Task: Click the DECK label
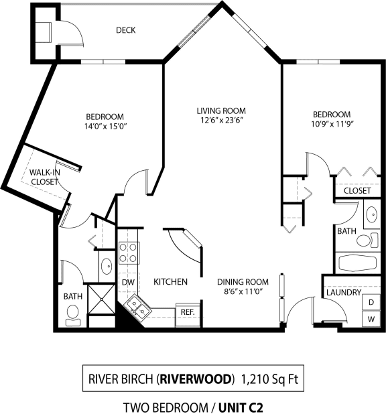pyautogui.click(x=126, y=30)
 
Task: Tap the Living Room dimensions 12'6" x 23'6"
pyautogui.click(x=220, y=121)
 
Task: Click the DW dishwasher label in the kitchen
pyautogui.click(x=127, y=283)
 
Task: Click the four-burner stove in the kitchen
pyautogui.click(x=128, y=252)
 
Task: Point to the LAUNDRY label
pyautogui.click(x=344, y=293)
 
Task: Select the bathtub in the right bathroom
pyautogui.click(x=359, y=262)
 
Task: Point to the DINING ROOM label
pyautogui.click(x=243, y=282)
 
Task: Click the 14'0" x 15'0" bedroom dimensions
pyautogui.click(x=105, y=125)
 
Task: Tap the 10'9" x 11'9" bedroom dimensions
pyautogui.click(x=332, y=125)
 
